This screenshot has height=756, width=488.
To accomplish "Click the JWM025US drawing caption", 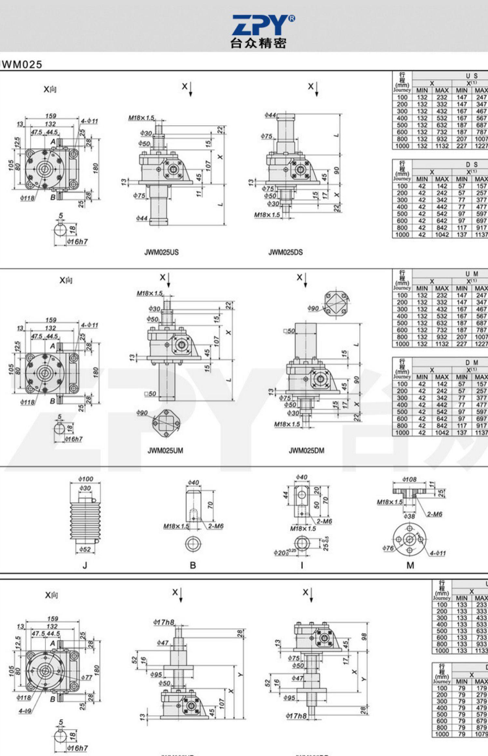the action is click(161, 252).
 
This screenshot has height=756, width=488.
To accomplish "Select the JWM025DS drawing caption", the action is click(285, 252).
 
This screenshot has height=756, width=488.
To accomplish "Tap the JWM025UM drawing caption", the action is click(165, 450).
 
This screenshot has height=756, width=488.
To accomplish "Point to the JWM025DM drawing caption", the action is click(306, 450).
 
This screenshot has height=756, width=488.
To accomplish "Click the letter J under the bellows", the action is click(85, 565).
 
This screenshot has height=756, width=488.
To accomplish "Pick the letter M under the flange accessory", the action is click(410, 565).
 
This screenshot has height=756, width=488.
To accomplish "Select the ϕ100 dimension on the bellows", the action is click(86, 479).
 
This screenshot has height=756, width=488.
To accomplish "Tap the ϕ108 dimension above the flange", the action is click(409, 479).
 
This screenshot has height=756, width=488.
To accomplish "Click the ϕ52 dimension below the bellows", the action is click(85, 549).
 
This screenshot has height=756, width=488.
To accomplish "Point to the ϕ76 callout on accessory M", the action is click(388, 548).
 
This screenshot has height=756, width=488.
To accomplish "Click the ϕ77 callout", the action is click(87, 677).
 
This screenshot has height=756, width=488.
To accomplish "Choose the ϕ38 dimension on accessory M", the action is click(409, 516).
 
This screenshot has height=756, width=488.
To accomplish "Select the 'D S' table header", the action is click(471, 164).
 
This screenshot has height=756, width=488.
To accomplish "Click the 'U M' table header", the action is click(471, 274).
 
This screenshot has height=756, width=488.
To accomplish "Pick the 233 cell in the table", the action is click(481, 605).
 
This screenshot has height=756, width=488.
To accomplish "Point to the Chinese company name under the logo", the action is click(258, 43).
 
